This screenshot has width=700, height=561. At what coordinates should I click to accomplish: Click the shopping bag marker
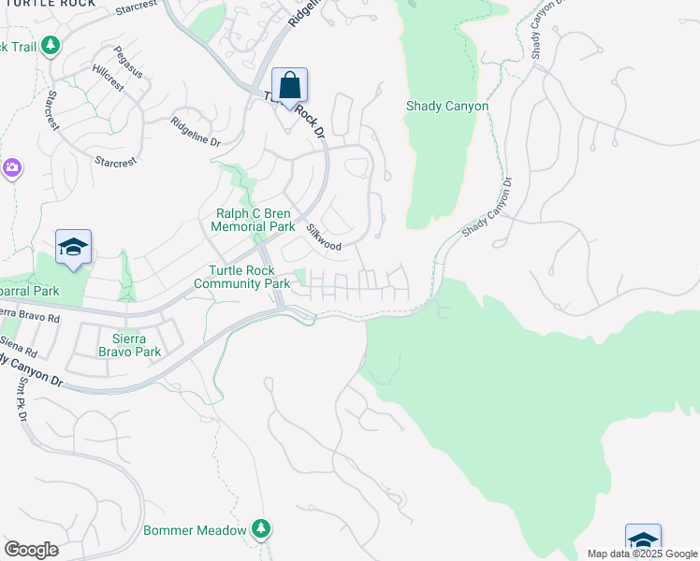coord(290,85)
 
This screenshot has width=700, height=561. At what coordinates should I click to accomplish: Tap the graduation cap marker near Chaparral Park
coord(74,248)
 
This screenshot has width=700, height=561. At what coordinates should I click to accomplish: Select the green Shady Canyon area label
coord(447,107)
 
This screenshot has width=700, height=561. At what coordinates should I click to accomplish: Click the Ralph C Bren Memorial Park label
coord(253,220)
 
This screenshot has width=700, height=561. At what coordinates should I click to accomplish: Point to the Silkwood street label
coord(324,237)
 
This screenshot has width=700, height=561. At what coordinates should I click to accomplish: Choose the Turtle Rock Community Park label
coord(242,277)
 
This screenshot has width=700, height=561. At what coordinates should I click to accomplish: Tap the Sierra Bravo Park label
coord(130,346)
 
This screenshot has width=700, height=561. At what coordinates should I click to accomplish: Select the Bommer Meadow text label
coord(195,530)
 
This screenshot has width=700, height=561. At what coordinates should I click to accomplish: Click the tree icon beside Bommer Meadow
coord(261,530)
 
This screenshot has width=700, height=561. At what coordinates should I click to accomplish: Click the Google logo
coord(31,550)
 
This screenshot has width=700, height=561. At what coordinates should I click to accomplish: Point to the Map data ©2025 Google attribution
coord(642,554)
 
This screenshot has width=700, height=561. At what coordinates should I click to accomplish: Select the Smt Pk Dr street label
coord(19,403)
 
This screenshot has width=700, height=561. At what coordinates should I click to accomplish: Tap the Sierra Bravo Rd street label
coord(30,315)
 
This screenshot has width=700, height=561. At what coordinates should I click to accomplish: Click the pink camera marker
coord(12,168)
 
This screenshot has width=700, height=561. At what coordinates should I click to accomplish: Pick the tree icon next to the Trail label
coord(50,46)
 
